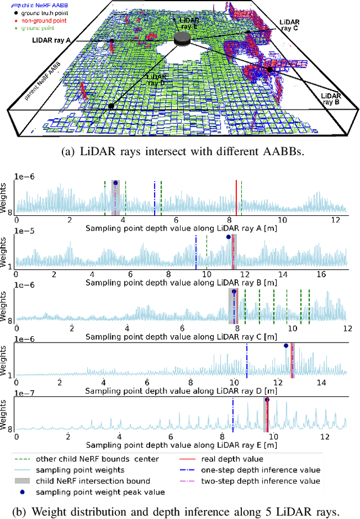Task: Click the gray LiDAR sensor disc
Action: (183, 38)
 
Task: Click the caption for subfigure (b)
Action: (179, 511)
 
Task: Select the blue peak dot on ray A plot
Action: (116, 183)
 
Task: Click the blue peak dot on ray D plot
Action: (286, 346)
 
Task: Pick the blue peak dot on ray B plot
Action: (228, 237)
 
